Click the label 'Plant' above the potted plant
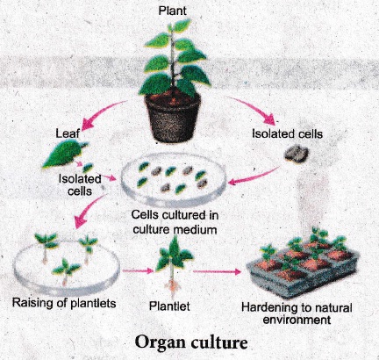(172, 11)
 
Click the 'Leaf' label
(68, 133)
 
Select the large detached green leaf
(64, 154)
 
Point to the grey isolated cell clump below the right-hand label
(297, 155)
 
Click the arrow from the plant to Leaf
(103, 112)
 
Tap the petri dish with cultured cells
(174, 181)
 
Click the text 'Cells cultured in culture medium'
(175, 222)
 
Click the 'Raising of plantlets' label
(64, 303)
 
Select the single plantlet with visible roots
(174, 265)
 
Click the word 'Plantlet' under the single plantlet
(169, 306)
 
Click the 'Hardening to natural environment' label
(297, 313)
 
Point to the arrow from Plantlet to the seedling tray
(217, 272)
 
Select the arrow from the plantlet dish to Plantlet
(138, 270)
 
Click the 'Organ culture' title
(191, 342)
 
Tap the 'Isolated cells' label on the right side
(288, 133)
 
